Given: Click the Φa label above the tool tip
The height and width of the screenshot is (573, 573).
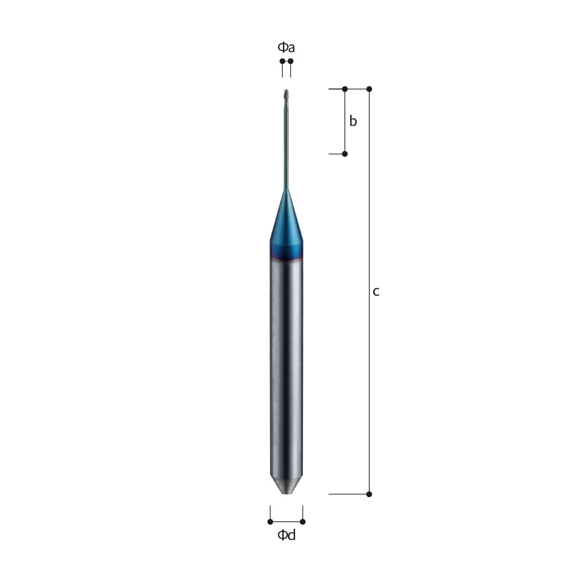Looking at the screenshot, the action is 286,47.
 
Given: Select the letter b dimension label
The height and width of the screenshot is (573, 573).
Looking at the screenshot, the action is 353,121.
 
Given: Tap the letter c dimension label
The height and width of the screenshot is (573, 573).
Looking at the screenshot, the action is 376,292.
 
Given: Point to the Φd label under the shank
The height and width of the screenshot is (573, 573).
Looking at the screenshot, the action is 286,535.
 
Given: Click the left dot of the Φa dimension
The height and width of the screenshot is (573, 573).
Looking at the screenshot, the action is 282,61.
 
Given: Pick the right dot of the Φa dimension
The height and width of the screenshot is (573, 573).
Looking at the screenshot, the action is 291,61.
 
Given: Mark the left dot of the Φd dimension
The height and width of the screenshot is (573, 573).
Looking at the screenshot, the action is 271,521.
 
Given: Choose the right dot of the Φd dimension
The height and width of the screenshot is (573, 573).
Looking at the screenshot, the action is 302,521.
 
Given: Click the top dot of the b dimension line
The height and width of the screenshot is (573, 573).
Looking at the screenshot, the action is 345,89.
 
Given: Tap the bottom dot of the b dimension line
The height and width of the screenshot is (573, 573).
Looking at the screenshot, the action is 345,154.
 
